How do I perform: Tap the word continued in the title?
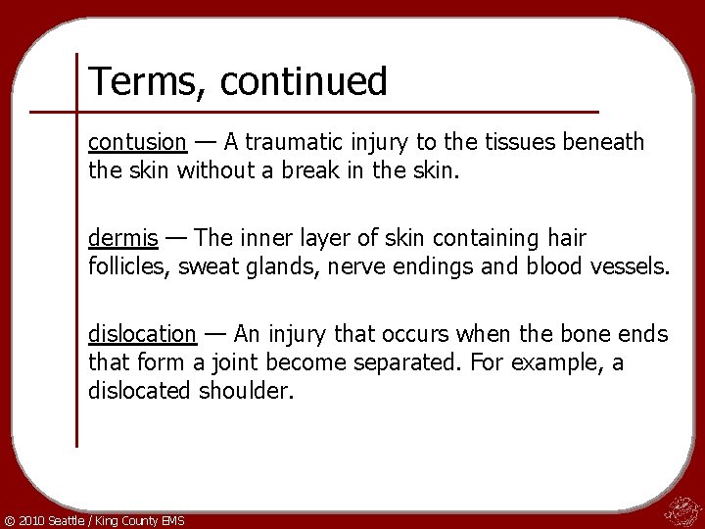(x=304, y=81)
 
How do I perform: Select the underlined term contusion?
(x=137, y=143)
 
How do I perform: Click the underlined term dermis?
(x=120, y=238)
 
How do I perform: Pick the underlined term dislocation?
(x=142, y=334)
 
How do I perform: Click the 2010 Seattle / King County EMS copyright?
(x=94, y=519)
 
